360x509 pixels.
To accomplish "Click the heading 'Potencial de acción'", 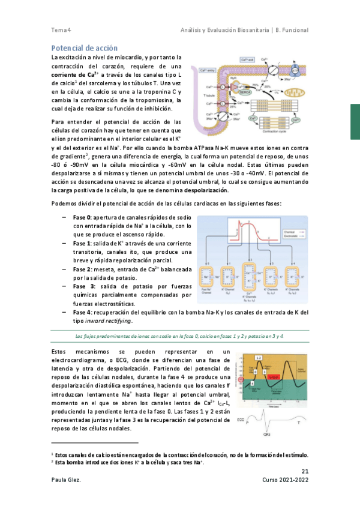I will tap(85, 47).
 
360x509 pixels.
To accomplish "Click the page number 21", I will tap(304, 471).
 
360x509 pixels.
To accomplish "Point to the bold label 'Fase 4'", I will tap(82, 313).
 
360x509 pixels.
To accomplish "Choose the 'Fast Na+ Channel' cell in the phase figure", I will tap(207, 277).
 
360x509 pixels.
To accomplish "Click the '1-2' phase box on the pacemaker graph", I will tap(259, 358).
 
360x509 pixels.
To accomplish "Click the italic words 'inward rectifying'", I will tap(111, 321).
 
